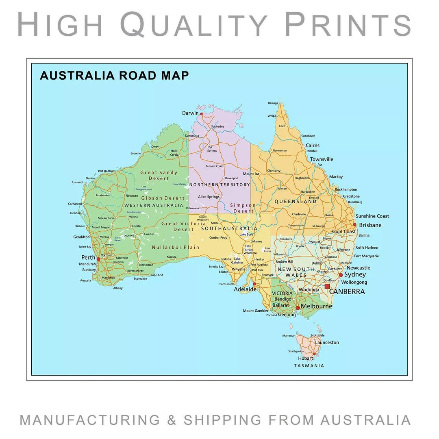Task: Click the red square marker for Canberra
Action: (327, 286)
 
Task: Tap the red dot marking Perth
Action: (98, 259)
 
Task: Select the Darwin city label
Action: (190, 113)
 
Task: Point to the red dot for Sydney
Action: (341, 275)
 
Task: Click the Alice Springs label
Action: (209, 197)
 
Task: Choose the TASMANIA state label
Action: (309, 365)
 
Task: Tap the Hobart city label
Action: (305, 359)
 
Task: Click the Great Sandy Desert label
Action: (159, 175)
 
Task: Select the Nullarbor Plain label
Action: (176, 247)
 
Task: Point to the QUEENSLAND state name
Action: (296, 202)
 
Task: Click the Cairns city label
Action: (313, 146)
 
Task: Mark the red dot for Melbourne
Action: (298, 308)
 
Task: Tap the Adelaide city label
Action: (245, 289)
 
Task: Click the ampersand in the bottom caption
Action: (172, 420)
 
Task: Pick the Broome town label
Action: (135, 154)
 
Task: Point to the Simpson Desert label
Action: (243, 208)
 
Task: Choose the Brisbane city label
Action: (370, 225)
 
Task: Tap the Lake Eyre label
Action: (246, 235)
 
